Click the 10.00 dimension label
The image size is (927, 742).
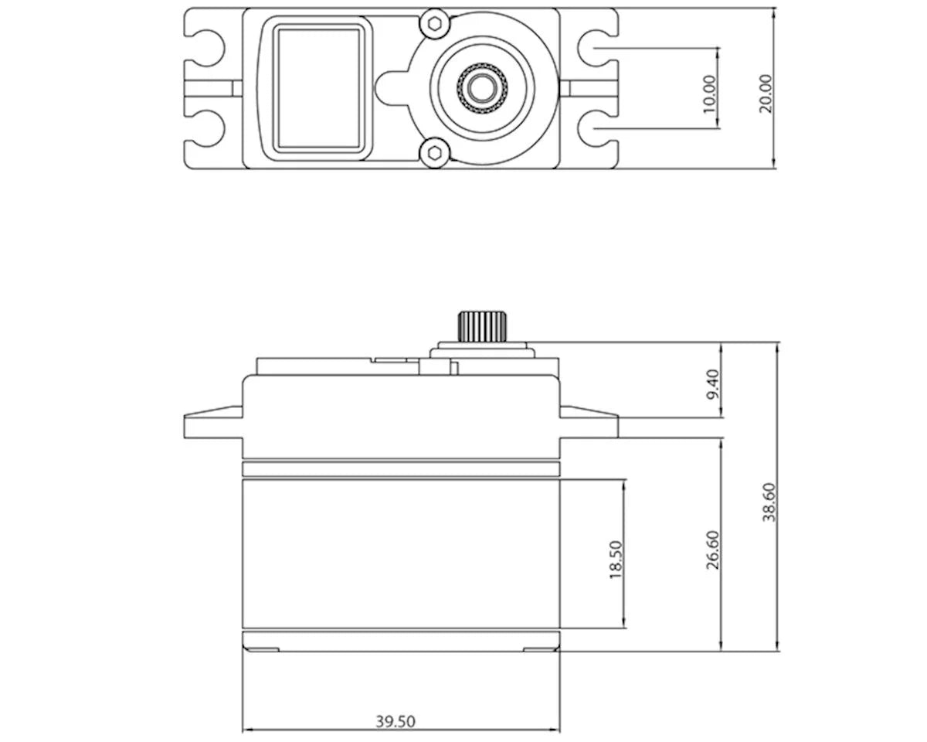(710, 93)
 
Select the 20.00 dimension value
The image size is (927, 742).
(765, 94)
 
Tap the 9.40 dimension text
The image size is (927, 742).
(712, 383)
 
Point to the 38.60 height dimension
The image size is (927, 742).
(769, 502)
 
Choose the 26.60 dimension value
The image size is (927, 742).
(712, 550)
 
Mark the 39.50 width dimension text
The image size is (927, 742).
(396, 721)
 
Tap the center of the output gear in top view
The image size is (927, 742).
(481, 87)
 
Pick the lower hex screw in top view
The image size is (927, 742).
(435, 151)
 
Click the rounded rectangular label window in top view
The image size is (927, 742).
(319, 87)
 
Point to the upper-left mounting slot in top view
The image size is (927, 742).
(205, 46)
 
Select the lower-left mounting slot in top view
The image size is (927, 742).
(205, 128)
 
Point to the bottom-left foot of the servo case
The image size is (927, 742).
(261, 648)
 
